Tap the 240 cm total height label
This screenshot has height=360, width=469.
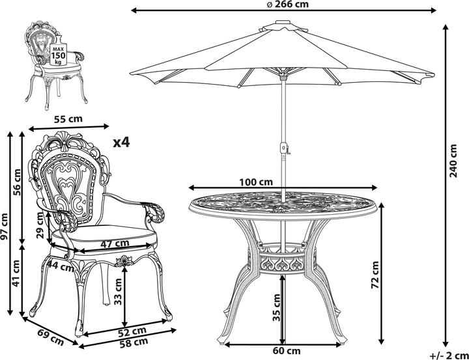click(x=453, y=161)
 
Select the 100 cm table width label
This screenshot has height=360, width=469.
click(x=256, y=182)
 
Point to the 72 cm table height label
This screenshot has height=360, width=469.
click(x=375, y=275)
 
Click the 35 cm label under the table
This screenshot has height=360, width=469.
click(x=277, y=307)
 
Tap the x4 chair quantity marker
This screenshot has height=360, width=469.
click(x=121, y=143)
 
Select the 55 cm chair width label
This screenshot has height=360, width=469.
click(x=68, y=119)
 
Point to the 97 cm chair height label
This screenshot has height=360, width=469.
click(x=4, y=227)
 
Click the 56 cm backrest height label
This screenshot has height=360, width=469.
click(x=18, y=182)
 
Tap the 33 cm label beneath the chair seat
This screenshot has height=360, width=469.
click(x=118, y=292)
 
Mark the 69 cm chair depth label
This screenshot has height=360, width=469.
click(x=50, y=337)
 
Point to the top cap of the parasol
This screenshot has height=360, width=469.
click(x=283, y=22)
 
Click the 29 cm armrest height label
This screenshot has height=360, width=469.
click(x=40, y=225)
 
